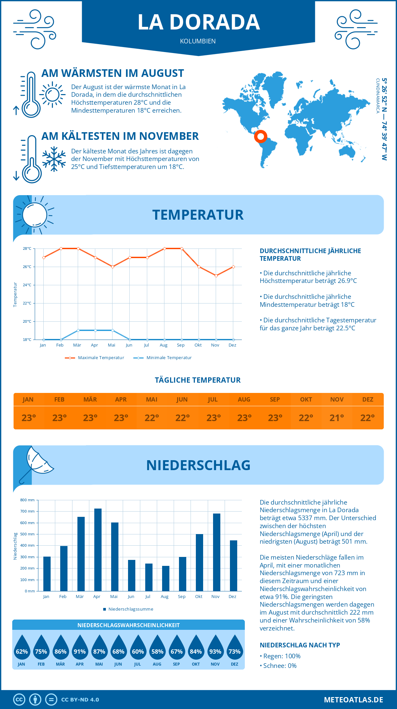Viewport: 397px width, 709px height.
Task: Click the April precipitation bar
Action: point(98,550)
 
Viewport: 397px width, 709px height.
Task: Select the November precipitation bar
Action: point(216,552)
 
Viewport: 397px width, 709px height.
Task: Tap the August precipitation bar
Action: point(165,578)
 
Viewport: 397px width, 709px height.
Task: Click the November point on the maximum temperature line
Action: point(216,276)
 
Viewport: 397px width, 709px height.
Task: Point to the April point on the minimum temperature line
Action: point(95,330)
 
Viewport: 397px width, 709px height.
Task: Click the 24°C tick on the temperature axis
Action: point(27,285)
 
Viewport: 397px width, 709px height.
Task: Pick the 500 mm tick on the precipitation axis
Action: point(27,534)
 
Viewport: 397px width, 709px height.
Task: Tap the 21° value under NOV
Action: point(336,418)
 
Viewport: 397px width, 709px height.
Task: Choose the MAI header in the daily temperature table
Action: point(152,400)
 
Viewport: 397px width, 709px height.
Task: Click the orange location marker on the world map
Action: point(261,136)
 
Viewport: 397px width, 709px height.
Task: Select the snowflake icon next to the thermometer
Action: point(54,159)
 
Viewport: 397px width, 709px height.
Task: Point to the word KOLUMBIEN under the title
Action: point(198,41)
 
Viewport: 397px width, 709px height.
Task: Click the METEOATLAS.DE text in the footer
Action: point(353,700)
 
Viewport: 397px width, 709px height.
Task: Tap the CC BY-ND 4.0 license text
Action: point(80,700)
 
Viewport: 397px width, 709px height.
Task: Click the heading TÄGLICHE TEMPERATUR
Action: point(198,380)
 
